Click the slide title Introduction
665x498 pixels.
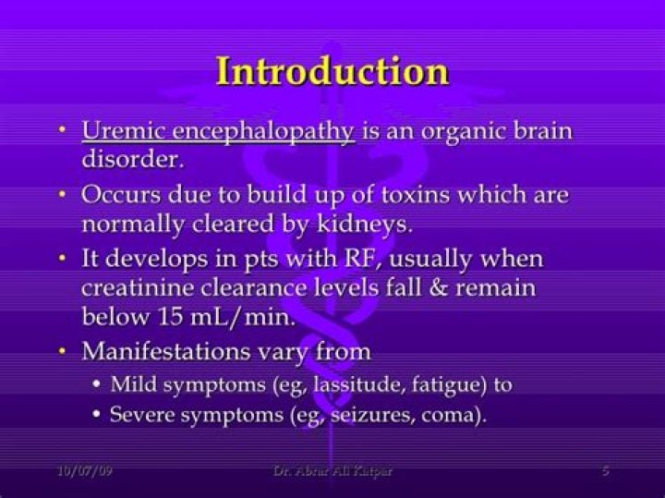332,71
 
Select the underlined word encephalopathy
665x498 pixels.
263,132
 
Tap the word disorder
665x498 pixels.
133,159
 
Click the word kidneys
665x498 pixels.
364,225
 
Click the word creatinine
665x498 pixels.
137,288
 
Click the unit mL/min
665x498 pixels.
243,317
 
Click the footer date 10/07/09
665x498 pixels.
85,471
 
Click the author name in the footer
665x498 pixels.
332,471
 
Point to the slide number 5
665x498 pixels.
606,470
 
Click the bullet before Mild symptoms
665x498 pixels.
98,384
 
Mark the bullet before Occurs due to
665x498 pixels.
63,194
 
